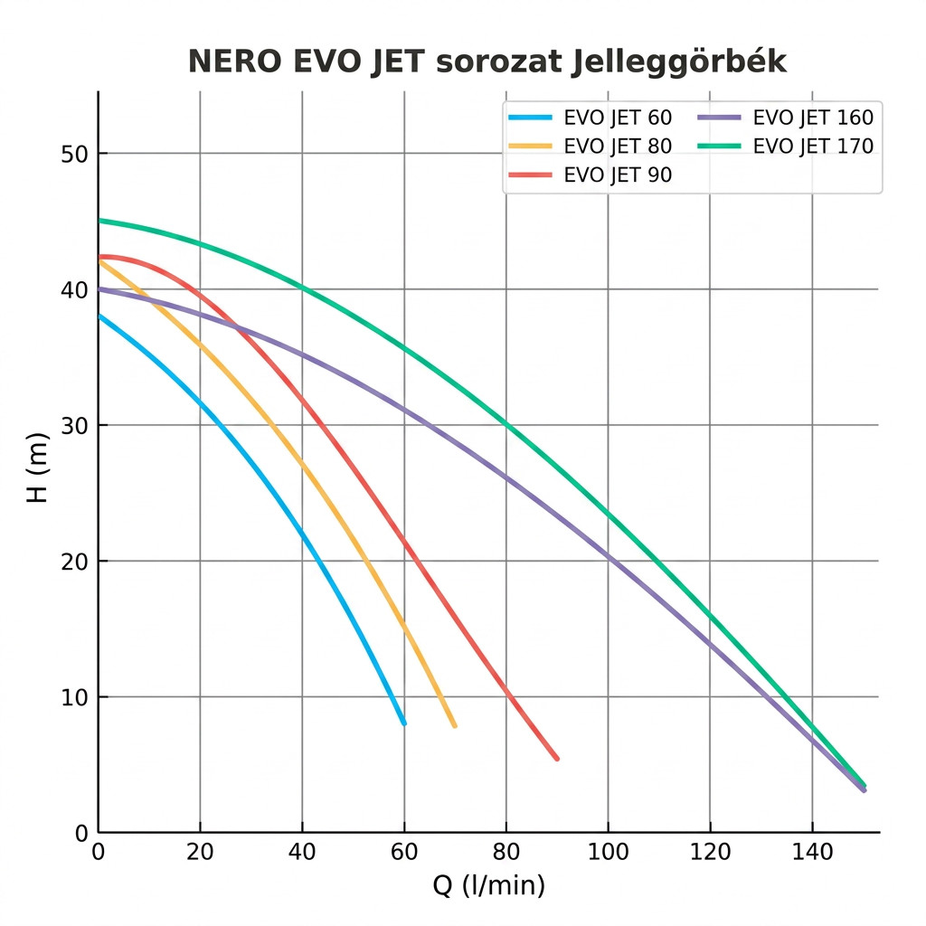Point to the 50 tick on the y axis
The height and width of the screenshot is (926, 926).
(74, 154)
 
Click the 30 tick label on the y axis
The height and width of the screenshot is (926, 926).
(74, 426)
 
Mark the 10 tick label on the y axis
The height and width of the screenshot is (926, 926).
(74, 697)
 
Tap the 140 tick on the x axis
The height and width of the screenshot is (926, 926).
(812, 852)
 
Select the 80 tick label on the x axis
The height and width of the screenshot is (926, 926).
(506, 852)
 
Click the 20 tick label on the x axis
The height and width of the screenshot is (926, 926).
(200, 852)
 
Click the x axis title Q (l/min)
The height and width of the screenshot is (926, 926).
(489, 885)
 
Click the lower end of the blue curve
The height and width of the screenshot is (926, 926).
(404, 723)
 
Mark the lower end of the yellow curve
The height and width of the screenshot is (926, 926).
(455, 725)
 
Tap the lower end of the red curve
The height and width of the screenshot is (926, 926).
(557, 758)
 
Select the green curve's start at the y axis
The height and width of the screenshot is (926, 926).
(99, 220)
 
